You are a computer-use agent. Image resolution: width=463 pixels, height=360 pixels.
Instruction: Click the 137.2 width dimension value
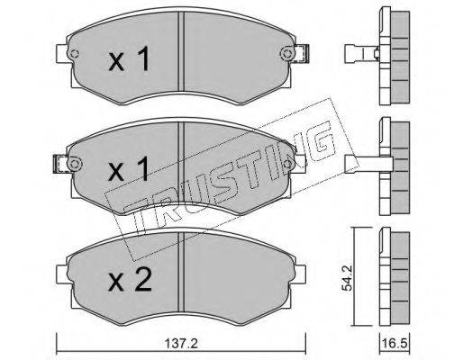coord(181,343)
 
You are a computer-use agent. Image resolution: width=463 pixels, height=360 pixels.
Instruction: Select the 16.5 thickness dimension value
coord(394,343)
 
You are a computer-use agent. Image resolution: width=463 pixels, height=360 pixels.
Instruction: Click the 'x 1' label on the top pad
coord(129,59)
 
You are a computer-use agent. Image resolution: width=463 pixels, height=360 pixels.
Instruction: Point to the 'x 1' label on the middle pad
coord(129,169)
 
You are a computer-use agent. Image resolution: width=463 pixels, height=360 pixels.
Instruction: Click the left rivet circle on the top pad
coord(74,54)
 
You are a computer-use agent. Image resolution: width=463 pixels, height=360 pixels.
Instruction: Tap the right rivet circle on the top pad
coord(286,54)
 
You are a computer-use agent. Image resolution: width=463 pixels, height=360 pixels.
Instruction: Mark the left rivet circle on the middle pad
coord(74,164)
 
